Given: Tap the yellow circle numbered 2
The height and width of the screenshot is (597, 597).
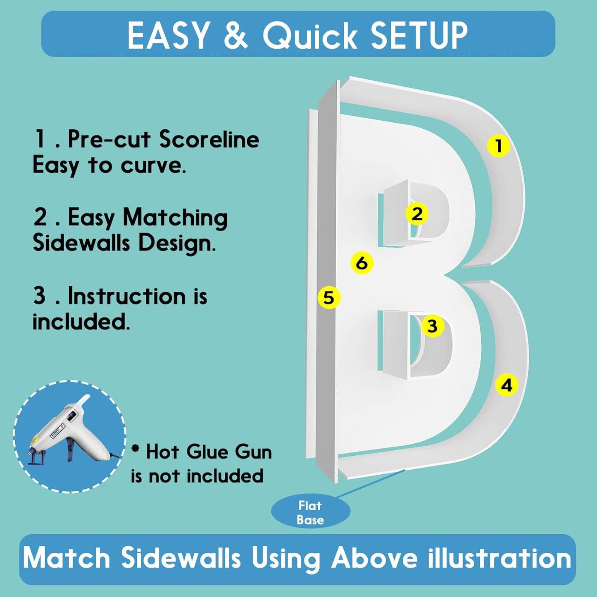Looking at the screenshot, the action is coord(417,214).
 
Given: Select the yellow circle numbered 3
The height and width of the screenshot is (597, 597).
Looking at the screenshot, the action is coord(432,326).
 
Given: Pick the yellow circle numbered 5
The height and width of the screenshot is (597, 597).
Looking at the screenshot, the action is coord(329,298).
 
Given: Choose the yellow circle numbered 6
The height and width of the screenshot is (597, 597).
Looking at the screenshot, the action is coord(362,263).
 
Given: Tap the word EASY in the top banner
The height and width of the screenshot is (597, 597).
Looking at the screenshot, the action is coord(168,35).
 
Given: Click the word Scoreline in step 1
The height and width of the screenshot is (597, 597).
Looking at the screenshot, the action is coord(209,139).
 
